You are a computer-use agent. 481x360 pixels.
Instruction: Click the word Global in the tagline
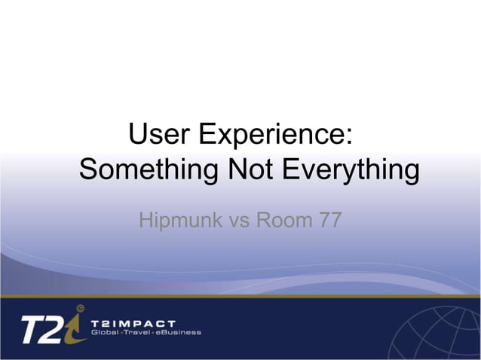tap(106, 332)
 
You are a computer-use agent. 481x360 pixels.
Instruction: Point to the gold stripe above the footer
tap(240, 296)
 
